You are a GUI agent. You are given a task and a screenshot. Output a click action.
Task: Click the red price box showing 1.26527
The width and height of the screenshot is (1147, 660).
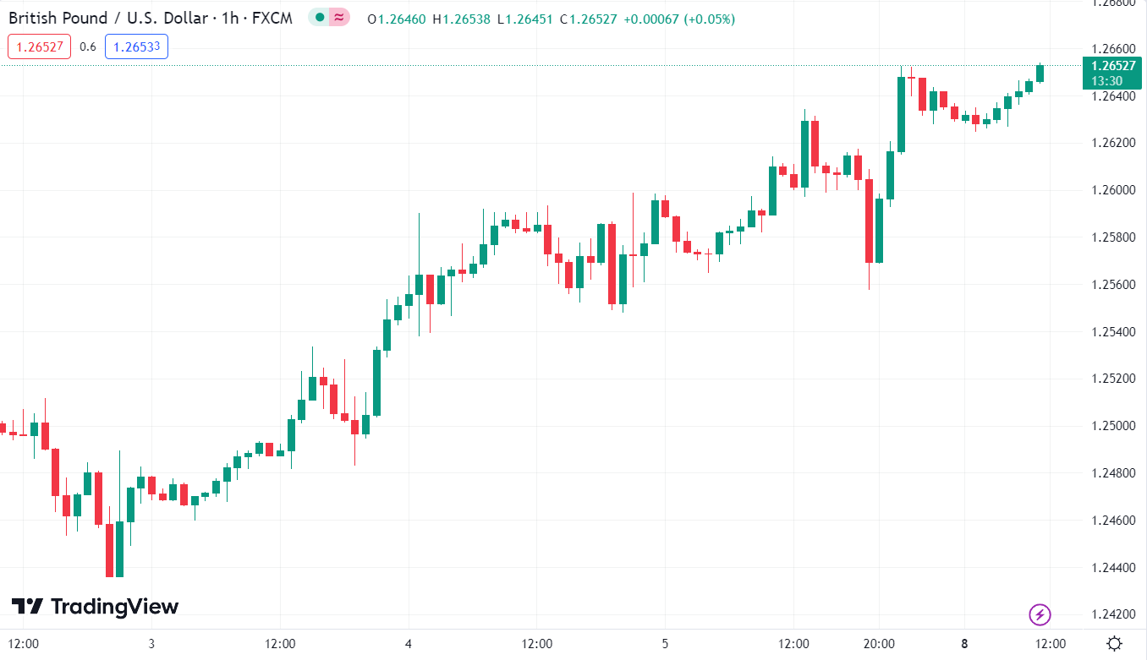coord(40,46)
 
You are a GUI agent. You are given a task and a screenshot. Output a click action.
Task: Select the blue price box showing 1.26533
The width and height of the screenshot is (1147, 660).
coord(136,46)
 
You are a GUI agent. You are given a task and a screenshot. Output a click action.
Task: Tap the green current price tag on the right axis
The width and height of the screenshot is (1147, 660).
coord(1111,74)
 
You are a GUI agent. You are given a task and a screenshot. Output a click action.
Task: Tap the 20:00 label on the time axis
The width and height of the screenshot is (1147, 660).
coord(879,644)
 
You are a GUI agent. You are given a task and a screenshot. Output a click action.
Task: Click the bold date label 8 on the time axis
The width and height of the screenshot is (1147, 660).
coord(964,644)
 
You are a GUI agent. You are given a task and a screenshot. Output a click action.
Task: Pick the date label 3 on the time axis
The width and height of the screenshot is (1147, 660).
coord(151,644)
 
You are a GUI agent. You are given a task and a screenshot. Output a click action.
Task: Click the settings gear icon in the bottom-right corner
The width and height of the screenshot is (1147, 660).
coord(1115,644)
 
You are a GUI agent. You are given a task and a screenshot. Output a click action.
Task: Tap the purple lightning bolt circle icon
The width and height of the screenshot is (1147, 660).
coord(1040,614)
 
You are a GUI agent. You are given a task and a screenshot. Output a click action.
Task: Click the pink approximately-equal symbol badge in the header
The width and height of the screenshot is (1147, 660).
coord(339,17)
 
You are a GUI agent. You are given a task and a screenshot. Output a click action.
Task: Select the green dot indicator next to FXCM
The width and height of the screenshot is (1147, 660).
coord(320,17)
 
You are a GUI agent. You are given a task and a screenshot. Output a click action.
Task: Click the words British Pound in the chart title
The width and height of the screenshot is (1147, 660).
coord(57,18)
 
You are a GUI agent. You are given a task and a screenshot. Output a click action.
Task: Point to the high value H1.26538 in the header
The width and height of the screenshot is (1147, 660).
coord(461,19)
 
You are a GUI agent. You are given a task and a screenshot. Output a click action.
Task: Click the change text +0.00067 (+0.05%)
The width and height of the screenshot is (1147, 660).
coord(678,19)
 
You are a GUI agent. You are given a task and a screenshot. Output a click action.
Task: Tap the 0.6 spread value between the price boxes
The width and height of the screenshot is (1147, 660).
coord(88,46)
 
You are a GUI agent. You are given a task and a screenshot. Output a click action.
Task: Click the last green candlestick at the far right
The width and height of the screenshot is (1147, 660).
coord(1040,74)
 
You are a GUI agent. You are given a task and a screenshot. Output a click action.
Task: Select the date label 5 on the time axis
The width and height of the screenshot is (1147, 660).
coord(665,644)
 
